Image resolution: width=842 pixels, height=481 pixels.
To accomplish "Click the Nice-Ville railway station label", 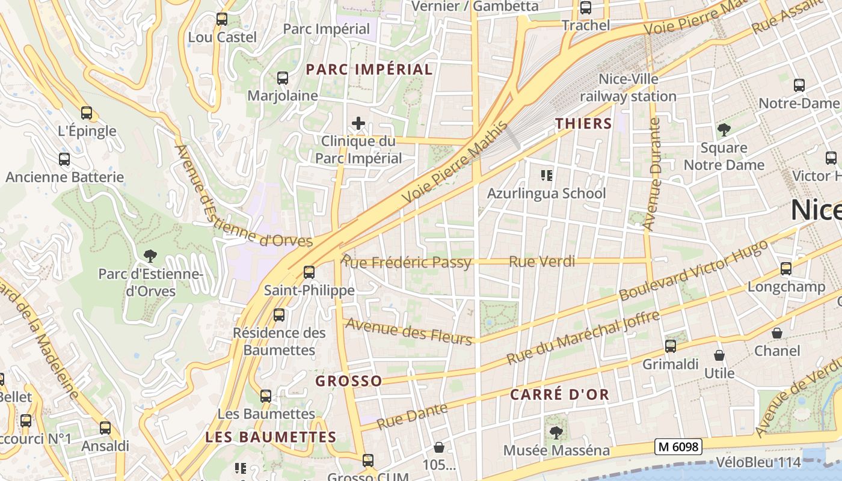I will (628, 88).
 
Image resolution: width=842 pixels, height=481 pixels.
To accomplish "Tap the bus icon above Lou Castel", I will (222, 19).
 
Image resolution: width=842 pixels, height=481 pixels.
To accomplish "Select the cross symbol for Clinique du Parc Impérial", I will (358, 124).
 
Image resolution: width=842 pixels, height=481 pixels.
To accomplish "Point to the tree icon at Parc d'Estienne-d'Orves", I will (150, 256).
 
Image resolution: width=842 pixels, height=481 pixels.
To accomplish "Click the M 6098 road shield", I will (678, 447).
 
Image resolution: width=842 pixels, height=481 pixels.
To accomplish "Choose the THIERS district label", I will (583, 124).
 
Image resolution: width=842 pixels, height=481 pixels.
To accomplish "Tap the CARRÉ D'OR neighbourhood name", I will (559, 395).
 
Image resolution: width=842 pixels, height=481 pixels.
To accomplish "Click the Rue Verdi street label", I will (542, 262).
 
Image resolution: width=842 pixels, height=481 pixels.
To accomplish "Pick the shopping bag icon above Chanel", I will (777, 333).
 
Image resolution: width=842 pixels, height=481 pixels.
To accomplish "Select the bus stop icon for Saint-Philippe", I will (309, 272).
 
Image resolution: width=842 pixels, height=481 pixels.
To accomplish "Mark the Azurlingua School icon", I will (546, 176).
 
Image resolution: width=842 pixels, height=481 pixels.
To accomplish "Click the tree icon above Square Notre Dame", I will (724, 129).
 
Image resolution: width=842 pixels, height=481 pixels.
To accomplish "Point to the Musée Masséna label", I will (556, 450).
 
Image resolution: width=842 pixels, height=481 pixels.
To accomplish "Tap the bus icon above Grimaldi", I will (671, 346).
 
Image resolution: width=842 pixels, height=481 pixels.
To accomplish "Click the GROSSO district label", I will (349, 381).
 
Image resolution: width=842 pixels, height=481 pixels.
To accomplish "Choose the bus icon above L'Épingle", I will (87, 113).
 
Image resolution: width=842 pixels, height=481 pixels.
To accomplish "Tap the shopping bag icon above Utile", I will (719, 355).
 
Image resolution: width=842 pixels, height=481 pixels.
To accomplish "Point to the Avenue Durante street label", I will (653, 174).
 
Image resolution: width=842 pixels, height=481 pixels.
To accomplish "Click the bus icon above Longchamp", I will (786, 269).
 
